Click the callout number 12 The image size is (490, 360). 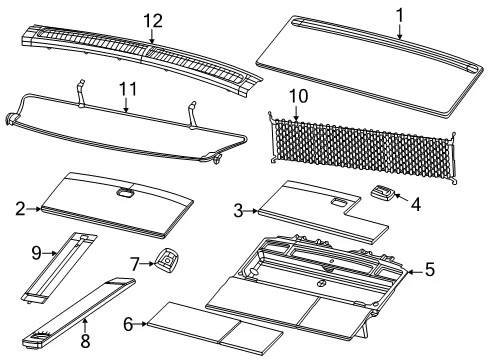pos(153,21)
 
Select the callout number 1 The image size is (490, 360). pos(400,15)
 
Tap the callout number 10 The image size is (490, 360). pos(298,96)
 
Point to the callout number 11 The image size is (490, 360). pos(128,89)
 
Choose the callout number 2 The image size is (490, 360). pos(20,209)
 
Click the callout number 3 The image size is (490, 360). pos(238,211)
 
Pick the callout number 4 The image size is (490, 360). pos(416,204)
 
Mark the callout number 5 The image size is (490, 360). pos(430,269)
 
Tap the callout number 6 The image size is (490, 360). pos(128,324)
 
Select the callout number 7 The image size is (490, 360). pos(134,264)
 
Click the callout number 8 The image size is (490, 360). pos(85,341)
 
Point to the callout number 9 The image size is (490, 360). pos(36,253)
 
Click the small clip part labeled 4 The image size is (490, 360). pos(383,193)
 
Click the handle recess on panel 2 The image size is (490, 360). pos(125,192)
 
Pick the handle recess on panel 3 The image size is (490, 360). pos(339,202)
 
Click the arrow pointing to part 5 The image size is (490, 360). pos(415,272)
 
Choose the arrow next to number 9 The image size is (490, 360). pos(50,253)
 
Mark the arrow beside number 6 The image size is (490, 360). pos(141,324)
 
